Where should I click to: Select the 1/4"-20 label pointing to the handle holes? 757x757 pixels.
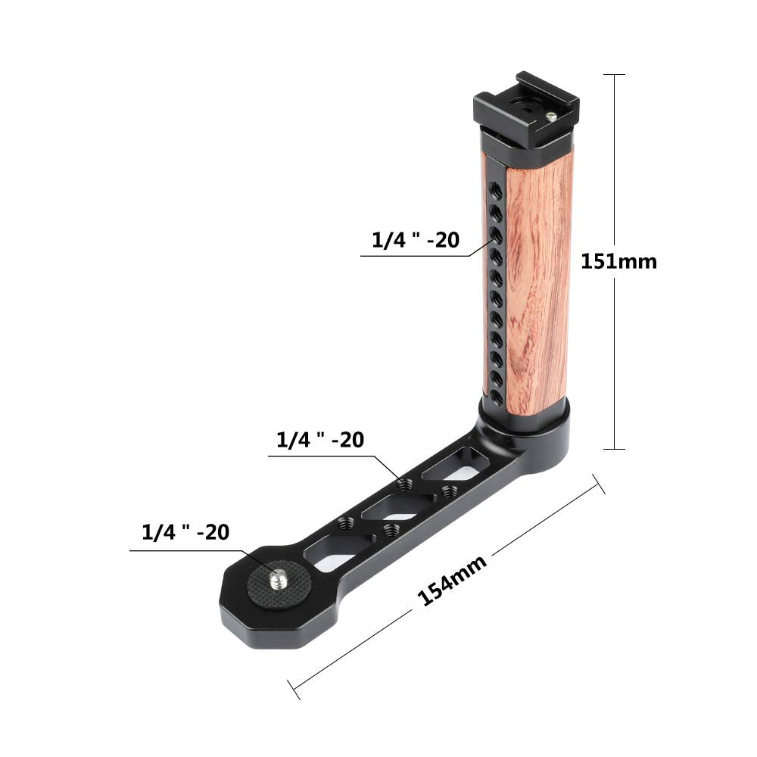point(415,240)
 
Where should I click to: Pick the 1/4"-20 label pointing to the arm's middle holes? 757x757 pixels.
point(320,441)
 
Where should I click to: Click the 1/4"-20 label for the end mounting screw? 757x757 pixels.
point(185,532)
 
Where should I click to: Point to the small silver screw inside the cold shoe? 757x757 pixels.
point(553,116)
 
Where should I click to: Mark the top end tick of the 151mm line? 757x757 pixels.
point(614,75)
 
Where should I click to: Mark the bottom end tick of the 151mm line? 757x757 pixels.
point(614,450)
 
